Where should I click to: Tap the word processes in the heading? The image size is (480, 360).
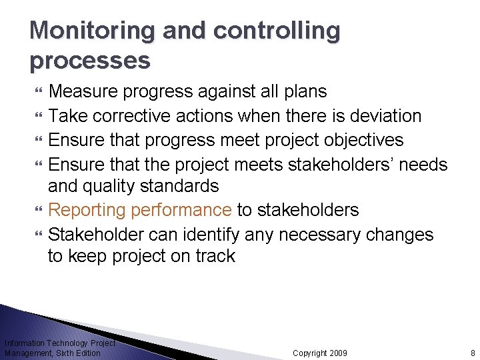(x=90, y=61)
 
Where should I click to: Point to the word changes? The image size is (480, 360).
(x=397, y=235)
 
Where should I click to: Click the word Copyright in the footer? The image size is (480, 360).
(x=309, y=353)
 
